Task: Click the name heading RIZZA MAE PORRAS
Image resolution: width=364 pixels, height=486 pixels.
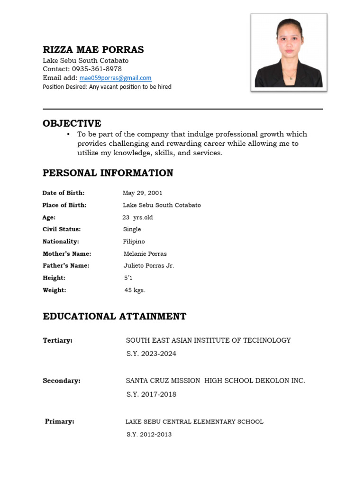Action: point(93,50)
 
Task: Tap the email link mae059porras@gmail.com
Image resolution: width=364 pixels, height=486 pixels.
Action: point(115,78)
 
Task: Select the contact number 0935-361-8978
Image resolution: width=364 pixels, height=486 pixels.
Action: point(97,69)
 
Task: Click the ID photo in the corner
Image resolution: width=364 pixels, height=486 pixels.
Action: point(289,52)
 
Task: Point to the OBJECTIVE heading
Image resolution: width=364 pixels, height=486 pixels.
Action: point(72,123)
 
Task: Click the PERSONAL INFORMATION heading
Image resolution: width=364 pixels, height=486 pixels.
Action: point(108,173)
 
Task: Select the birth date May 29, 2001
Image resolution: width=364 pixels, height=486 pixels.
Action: point(142,193)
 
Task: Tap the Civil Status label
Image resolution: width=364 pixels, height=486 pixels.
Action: point(62,229)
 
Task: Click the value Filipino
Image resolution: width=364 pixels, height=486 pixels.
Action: point(134,242)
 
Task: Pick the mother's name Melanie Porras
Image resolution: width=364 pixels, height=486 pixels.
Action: point(145,254)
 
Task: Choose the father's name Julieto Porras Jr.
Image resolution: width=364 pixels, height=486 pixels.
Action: point(149,266)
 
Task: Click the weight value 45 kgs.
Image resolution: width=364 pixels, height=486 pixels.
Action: point(135,290)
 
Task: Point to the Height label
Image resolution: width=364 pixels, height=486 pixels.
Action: point(54,278)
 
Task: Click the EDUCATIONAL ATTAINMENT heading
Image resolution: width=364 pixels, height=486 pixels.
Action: point(115,317)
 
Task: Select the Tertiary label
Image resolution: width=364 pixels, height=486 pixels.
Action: point(57,341)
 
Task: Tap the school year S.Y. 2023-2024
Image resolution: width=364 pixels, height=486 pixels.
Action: point(151,354)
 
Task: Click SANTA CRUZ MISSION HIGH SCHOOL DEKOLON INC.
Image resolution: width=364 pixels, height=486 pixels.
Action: point(215,381)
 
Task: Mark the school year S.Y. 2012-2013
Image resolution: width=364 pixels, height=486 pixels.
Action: point(149,435)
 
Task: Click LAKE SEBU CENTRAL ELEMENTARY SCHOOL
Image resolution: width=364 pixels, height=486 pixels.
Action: point(194,421)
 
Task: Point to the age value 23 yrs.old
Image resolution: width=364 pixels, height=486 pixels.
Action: point(137,217)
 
